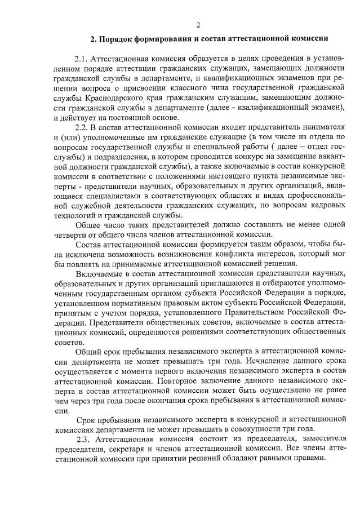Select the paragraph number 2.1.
82,59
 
